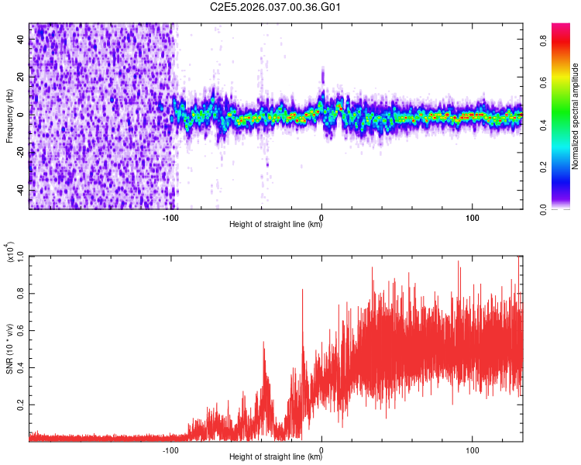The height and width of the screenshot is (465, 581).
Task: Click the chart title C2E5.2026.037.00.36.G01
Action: coord(276,7)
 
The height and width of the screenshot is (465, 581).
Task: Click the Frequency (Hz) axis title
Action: coord(9,115)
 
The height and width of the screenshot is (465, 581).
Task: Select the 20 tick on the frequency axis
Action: coord(21,77)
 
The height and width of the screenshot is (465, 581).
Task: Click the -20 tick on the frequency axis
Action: coord(19,153)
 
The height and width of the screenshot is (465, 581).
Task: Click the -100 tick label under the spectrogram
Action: coord(171,217)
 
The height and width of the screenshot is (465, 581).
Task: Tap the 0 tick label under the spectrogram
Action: coord(321,217)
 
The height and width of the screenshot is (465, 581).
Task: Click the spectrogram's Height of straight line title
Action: coord(276,225)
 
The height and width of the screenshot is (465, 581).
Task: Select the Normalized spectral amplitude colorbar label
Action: coord(575,116)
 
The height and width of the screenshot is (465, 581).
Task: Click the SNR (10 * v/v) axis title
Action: coord(9,348)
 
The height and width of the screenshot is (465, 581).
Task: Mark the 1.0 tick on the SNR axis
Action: coord(20,257)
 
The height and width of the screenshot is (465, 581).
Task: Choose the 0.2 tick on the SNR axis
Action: coord(20,405)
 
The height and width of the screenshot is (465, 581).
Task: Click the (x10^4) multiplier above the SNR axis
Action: coord(10,250)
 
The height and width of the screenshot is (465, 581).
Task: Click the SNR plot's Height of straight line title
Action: coord(276,457)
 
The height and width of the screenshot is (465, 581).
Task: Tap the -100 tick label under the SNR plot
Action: coord(171,449)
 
